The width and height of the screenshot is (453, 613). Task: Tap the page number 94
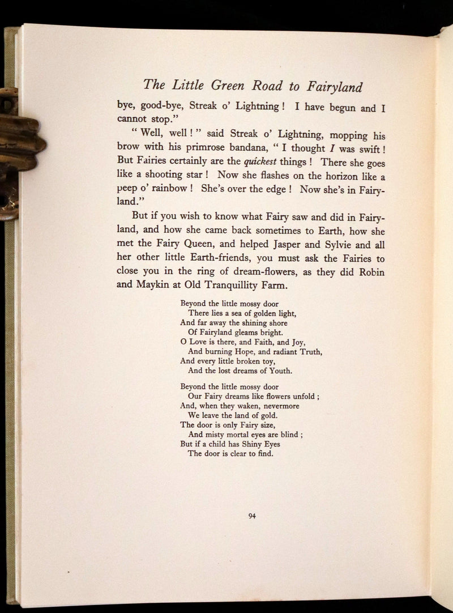coord(253,515)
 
